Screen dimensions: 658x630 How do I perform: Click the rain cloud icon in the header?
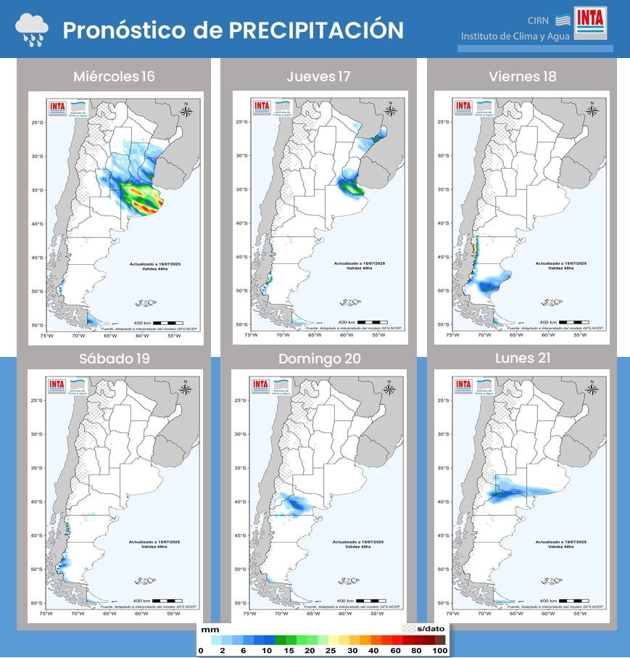coord(32,30)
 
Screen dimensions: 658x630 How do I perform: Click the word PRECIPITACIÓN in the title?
coord(316,30)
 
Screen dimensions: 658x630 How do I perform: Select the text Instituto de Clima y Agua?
coord(515,36)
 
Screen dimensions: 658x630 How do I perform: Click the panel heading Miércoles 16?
coord(114,77)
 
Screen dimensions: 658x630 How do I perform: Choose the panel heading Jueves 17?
coord(317,77)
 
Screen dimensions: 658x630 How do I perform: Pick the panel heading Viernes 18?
coord(522,77)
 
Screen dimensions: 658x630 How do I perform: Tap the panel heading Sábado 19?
coord(114,358)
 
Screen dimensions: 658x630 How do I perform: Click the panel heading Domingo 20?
coord(318,358)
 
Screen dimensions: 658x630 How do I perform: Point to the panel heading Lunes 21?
coord(522,358)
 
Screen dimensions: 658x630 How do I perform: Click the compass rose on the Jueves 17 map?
coord(391,110)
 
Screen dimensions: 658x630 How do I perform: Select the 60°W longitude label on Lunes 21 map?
coord(547,614)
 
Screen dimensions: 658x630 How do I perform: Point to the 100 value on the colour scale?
coord(440,651)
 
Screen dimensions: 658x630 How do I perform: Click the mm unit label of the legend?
coord(210,630)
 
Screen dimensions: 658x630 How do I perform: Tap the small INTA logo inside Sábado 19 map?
coord(57,385)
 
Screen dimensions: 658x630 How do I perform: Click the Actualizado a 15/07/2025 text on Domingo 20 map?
coord(359,542)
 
